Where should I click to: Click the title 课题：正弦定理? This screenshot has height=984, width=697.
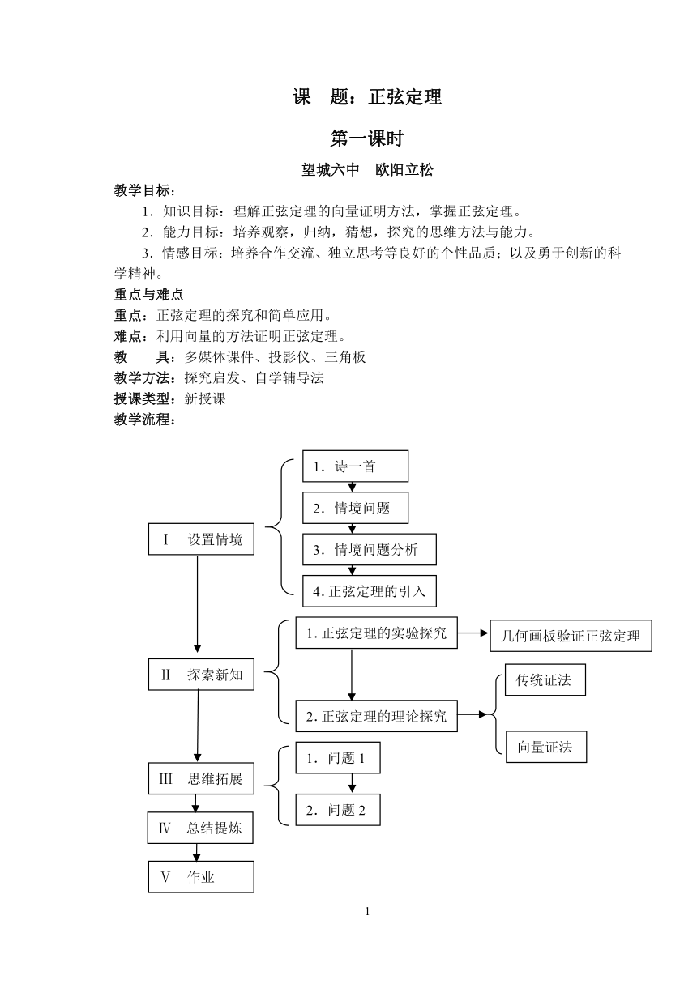click(x=367, y=96)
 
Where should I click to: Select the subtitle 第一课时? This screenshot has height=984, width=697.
click(x=367, y=138)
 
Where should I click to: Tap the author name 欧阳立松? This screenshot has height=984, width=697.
click(x=404, y=170)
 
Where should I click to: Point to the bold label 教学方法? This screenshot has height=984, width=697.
click(x=143, y=377)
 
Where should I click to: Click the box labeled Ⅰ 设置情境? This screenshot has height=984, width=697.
click(x=201, y=539)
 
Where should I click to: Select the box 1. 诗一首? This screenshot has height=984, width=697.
click(x=355, y=466)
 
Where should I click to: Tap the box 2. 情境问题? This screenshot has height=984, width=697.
click(x=355, y=508)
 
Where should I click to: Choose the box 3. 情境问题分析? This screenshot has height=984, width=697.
click(x=369, y=550)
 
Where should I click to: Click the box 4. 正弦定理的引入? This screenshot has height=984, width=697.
click(x=369, y=591)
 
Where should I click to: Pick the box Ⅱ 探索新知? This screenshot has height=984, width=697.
click(x=201, y=675)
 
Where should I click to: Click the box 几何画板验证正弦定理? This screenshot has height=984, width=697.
click(x=571, y=636)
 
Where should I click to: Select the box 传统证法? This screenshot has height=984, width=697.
click(x=545, y=679)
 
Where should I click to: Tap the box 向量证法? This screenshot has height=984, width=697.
click(x=545, y=747)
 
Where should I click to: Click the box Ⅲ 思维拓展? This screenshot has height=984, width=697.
click(x=201, y=778)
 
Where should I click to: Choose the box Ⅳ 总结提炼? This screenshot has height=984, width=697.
click(x=200, y=828)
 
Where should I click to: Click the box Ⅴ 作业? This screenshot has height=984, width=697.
click(x=201, y=877)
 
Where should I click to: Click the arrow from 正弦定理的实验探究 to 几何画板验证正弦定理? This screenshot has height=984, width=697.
click(x=473, y=633)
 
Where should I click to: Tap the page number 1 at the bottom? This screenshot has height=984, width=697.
click(x=367, y=912)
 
